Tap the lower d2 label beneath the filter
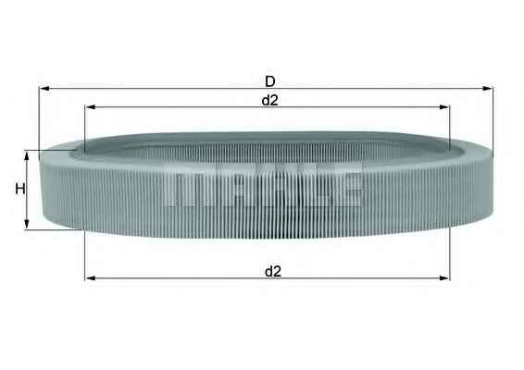[x=272, y=270]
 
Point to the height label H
[x=18, y=190]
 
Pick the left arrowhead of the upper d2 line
[x=89, y=108]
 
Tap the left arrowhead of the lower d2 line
[x=89, y=277]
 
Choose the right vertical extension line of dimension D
[x=493, y=120]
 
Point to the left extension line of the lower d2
[x=84, y=254]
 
